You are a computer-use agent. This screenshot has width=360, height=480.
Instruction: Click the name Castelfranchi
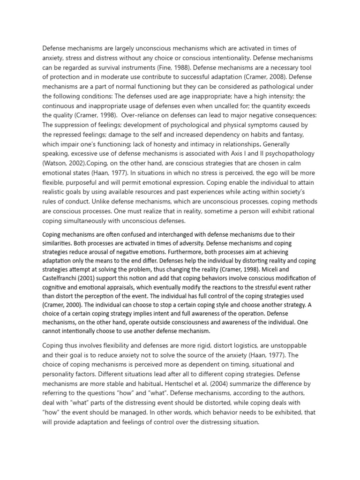click(65, 279)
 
